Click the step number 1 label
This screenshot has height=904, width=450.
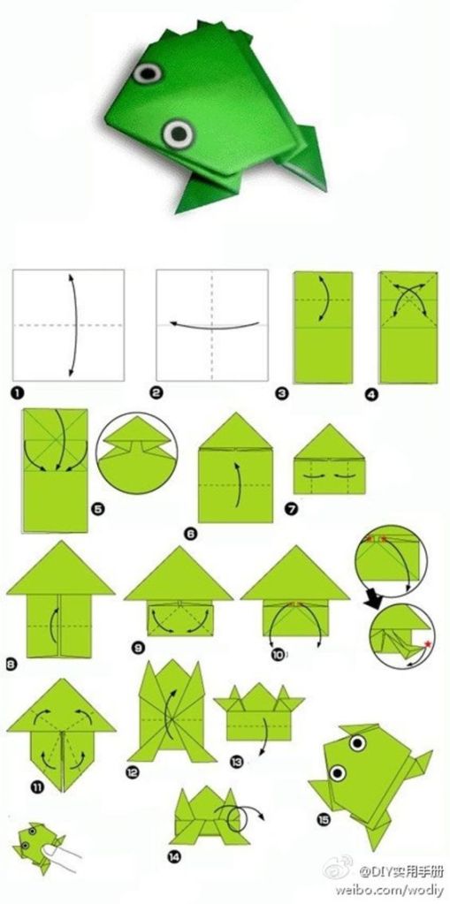18,394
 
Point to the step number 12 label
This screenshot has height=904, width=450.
133,772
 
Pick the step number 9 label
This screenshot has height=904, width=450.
138,648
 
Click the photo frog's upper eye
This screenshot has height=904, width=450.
148,72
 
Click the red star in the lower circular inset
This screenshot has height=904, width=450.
428,642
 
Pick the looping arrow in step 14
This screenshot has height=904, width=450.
240,817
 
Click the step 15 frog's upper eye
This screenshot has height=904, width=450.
358,743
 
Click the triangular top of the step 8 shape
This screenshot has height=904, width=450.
61,568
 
